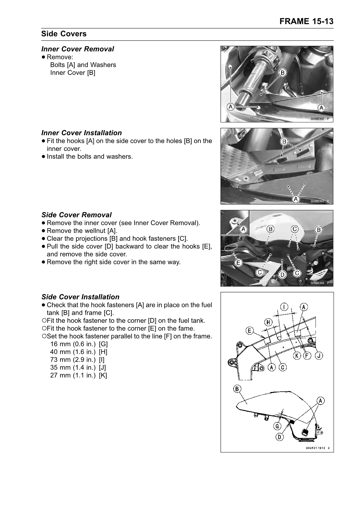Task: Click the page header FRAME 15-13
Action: coord(306,21)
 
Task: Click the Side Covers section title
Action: coord(64,34)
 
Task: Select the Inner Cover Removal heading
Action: coord(78,49)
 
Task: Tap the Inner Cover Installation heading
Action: coord(81,133)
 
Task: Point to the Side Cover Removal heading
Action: coord(76,215)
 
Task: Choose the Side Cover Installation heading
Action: coord(80,297)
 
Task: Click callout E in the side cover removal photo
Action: coord(238,263)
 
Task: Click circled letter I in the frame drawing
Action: coord(284,307)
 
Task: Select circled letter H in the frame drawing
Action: coord(268,322)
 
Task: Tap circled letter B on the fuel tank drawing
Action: coord(237,389)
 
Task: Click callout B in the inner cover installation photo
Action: coord(284,141)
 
